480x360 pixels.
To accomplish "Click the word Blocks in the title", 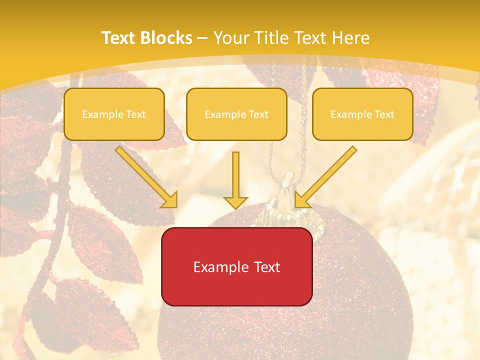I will tap(166, 38).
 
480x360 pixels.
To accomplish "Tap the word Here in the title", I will tap(349, 38).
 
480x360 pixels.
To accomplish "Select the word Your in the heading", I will tap(230, 38).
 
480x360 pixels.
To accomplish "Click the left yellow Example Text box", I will tap(114, 114).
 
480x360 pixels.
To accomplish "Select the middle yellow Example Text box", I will tap(236, 114).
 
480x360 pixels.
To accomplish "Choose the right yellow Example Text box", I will tap(362, 114).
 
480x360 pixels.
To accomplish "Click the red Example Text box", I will tap(236, 266).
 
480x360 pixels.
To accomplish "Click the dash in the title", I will tap(202, 38).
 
